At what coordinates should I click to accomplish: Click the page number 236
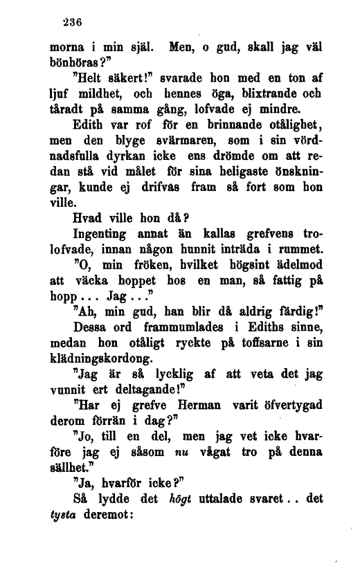[71, 21]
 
